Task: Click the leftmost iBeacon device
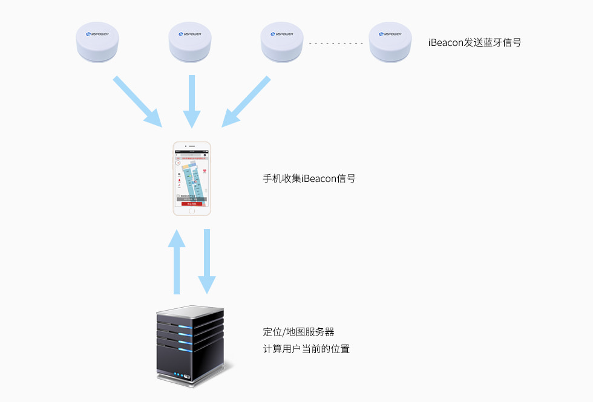point(97,44)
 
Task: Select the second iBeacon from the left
point(191,44)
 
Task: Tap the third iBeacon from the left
point(282,44)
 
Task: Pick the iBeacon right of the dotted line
point(390,44)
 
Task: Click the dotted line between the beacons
point(336,44)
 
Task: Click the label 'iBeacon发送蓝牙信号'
point(474,43)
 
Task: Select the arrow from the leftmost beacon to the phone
point(138,101)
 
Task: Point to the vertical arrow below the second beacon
point(192,101)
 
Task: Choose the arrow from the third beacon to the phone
point(246,101)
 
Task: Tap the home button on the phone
point(192,210)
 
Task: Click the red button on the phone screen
point(192,204)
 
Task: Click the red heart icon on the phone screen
point(204,171)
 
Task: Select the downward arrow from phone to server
point(207,261)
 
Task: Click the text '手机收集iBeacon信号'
point(309,178)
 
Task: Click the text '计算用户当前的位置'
point(306,349)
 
